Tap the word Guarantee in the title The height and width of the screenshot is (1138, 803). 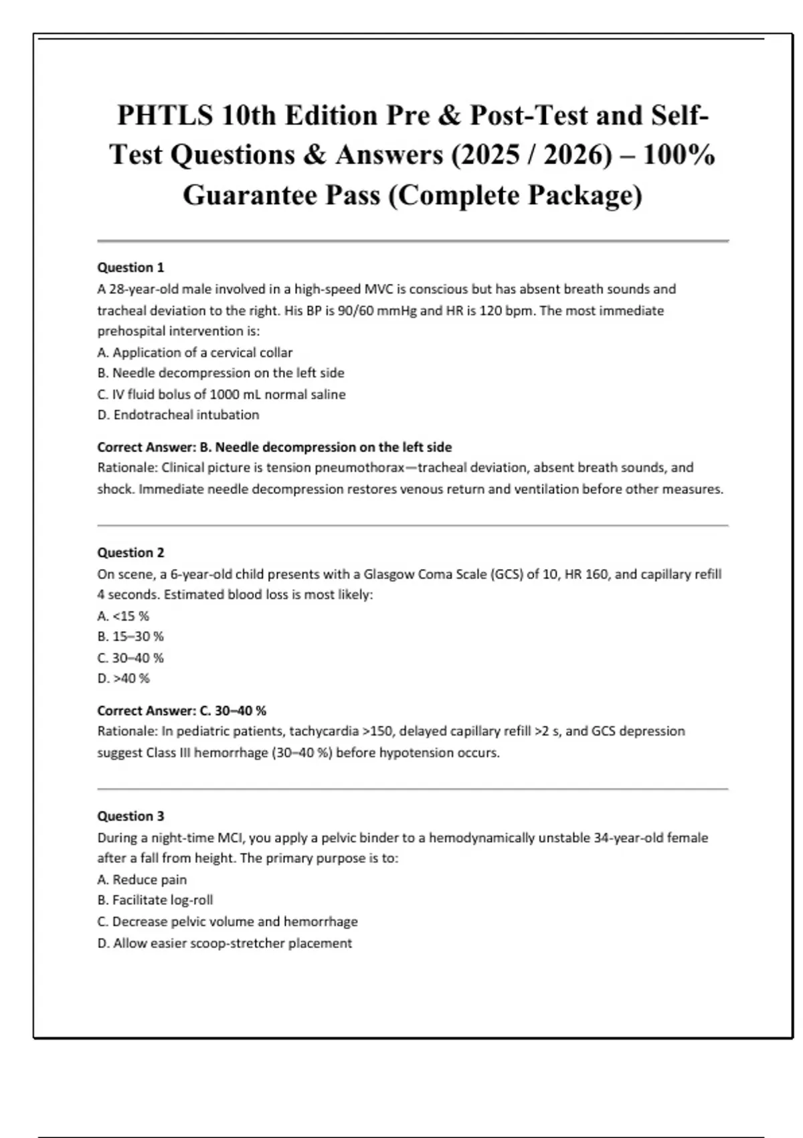(248, 195)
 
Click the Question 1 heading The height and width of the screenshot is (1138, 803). (130, 268)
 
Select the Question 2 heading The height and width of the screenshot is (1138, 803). (130, 553)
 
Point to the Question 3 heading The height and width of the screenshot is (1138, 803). (130, 816)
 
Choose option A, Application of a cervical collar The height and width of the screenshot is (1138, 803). (195, 353)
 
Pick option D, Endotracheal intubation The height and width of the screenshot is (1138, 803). (178, 415)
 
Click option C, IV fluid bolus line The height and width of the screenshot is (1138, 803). (221, 394)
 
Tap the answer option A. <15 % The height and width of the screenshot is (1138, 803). (123, 616)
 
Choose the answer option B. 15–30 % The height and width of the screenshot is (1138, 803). (130, 637)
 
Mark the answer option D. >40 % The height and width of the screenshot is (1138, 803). (124, 679)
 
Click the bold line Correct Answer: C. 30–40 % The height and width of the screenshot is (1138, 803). (181, 711)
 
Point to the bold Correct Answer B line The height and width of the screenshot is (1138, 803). (274, 447)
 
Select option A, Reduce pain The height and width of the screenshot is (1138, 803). (142, 880)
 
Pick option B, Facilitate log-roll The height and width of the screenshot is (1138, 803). (155, 900)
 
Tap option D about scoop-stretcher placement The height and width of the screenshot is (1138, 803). (224, 943)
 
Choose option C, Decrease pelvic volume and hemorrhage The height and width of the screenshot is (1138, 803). (228, 922)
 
